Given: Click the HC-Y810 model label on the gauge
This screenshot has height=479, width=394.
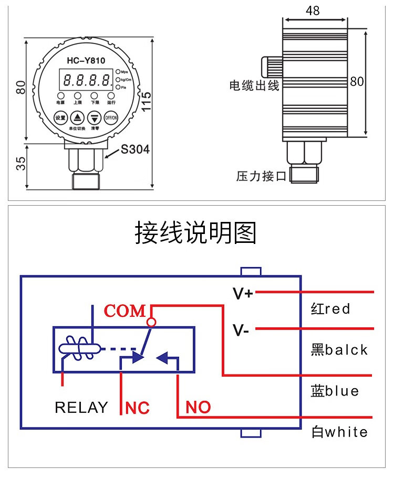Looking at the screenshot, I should pyautogui.click(x=86, y=60).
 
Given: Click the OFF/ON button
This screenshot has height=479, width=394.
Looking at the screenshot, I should pyautogui.click(x=111, y=118).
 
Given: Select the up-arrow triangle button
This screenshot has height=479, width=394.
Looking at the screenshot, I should pyautogui.click(x=78, y=118).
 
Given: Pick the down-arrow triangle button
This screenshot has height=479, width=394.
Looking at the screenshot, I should pyautogui.click(x=95, y=118).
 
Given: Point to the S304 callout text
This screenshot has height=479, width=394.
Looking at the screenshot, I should pyautogui.click(x=135, y=150).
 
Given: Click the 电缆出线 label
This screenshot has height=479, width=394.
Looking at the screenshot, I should pyautogui.click(x=254, y=86).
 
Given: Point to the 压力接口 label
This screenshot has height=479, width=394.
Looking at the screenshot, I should pyautogui.click(x=261, y=176).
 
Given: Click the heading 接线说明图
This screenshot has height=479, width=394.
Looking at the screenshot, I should pyautogui.click(x=196, y=233).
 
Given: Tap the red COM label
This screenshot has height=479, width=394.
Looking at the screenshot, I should pyautogui.click(x=125, y=311).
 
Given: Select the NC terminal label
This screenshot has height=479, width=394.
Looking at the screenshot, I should pyautogui.click(x=138, y=408).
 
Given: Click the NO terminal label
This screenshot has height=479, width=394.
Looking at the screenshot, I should pyautogui.click(x=198, y=407).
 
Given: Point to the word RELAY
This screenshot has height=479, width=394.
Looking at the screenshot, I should pyautogui.click(x=81, y=408).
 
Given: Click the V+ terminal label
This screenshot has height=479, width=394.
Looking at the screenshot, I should pyautogui.click(x=243, y=293).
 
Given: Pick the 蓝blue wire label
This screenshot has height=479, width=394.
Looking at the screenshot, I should pyautogui.click(x=335, y=391).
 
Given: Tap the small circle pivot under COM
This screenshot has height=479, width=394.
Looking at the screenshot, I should pyautogui.click(x=152, y=322).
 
